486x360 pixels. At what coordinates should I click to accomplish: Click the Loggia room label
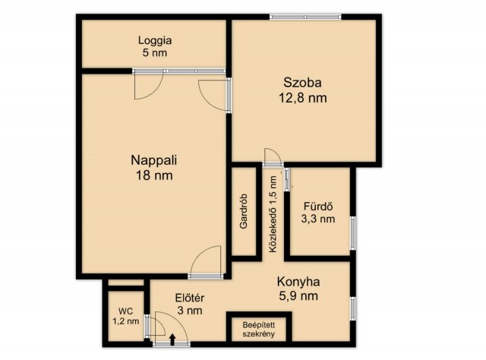[155, 40]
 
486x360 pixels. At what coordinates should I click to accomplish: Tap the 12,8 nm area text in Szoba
[303, 98]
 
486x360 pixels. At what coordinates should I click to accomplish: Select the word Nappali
[154, 160]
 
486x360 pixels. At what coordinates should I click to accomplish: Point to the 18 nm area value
[154, 175]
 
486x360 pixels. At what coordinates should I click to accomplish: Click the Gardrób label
[244, 211]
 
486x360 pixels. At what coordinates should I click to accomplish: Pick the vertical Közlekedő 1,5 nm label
[273, 215]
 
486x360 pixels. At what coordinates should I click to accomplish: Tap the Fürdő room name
[318, 206]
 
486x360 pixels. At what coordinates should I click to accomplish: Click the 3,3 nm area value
[318, 219]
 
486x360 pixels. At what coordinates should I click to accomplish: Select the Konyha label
[298, 282]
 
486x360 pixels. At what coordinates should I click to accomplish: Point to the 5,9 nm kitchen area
[298, 295]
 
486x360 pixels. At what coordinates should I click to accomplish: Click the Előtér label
[190, 298]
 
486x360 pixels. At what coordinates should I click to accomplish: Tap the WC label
[125, 311]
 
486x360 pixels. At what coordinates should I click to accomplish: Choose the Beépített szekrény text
[259, 330]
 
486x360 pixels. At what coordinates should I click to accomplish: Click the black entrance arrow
[172, 339]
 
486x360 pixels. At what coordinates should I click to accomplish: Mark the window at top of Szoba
[305, 17]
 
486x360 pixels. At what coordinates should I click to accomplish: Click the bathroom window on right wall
[352, 233]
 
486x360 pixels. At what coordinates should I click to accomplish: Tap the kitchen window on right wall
[352, 308]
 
